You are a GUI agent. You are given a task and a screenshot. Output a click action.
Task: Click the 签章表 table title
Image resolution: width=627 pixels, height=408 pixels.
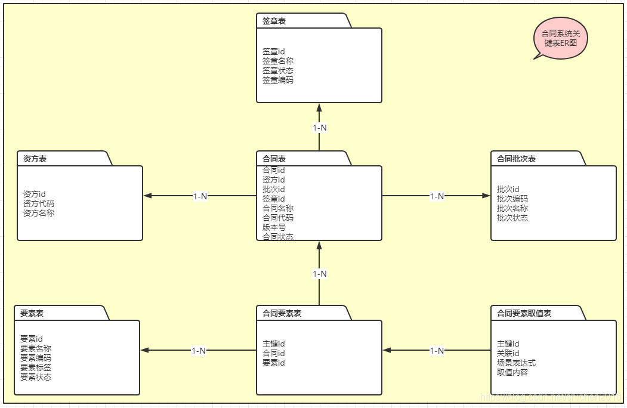[274, 21]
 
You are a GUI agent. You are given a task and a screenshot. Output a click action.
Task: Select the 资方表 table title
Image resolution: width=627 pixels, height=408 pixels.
[35, 159]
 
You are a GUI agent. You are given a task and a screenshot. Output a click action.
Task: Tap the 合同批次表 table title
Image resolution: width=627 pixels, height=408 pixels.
[517, 159]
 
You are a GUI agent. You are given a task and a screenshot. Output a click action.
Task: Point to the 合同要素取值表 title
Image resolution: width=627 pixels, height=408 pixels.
[524, 313]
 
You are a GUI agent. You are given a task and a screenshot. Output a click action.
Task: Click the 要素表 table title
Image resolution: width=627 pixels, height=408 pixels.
[32, 313]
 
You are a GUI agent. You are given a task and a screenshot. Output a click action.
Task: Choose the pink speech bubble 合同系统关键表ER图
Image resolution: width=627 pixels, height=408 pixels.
[560, 39]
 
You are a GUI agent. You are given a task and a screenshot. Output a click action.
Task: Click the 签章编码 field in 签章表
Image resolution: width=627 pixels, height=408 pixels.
[278, 80]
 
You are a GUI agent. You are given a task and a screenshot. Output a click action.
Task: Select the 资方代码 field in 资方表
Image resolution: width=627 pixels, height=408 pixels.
[39, 203]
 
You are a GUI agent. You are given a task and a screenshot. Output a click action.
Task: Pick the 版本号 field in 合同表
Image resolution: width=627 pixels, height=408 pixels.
[274, 227]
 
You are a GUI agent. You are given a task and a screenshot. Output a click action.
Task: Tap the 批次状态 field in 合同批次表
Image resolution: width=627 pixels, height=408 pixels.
[512, 218]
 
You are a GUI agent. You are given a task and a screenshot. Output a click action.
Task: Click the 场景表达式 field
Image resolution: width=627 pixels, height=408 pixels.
[517, 363]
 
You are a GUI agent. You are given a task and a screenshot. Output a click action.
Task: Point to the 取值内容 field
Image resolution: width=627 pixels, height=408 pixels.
[512, 372]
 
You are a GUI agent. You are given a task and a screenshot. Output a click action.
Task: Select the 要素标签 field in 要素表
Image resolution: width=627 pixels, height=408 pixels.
[36, 367]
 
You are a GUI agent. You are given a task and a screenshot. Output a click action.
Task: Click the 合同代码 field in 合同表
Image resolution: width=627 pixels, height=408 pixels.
[278, 218]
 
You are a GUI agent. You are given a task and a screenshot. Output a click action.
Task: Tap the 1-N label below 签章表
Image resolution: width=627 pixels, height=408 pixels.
[320, 128]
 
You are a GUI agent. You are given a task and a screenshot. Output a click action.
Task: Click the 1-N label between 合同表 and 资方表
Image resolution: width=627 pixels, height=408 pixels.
[200, 196]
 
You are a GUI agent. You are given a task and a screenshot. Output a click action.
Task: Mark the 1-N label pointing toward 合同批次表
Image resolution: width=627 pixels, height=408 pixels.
[437, 196]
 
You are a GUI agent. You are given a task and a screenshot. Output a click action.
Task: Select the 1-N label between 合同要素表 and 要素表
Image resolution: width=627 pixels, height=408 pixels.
[199, 351]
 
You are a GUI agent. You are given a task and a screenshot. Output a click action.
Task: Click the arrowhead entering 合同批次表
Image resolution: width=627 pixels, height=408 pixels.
[486, 196]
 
